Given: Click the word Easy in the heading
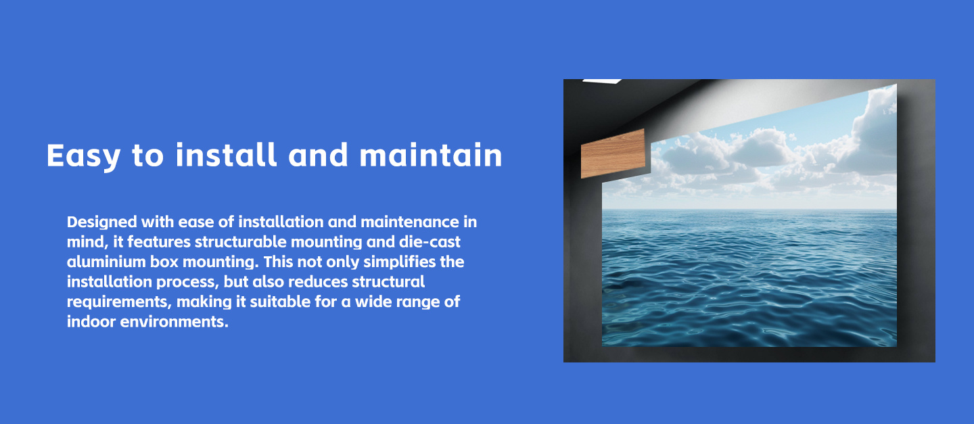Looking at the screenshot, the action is coord(83,156).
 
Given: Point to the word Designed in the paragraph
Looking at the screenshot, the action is coord(102,222).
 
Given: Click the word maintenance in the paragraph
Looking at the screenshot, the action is coord(410,222).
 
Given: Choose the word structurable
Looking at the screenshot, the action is coord(241,242).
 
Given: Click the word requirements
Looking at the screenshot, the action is coord(119,302).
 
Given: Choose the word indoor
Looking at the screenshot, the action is coord(91,322).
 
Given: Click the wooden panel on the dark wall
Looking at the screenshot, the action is coord(613,154).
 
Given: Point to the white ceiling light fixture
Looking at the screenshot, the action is coord(602,81).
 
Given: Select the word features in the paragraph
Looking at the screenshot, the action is coord(159,242).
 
